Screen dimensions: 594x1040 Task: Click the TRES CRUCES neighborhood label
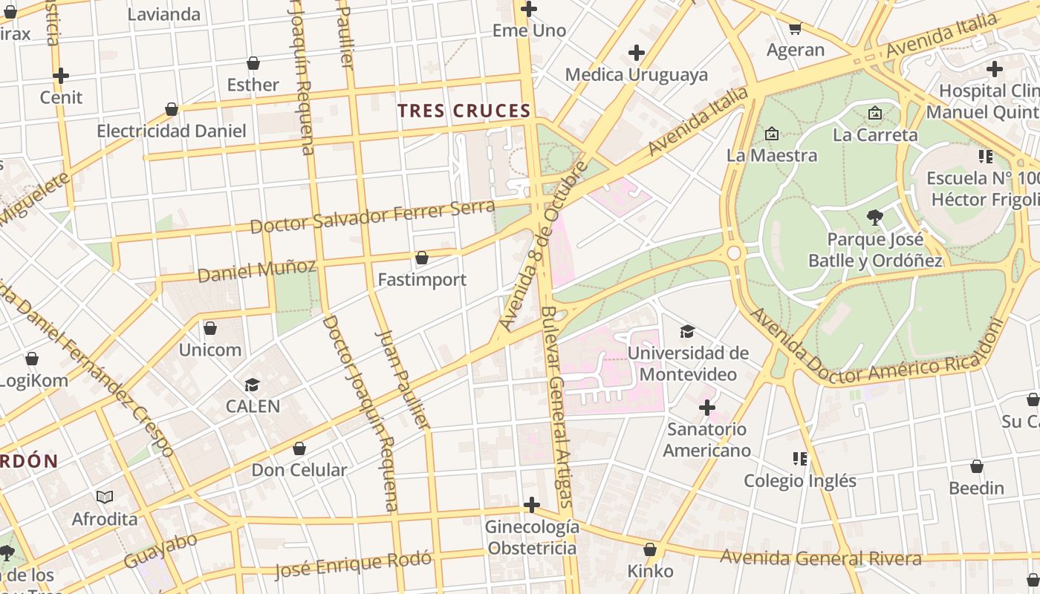[464, 111]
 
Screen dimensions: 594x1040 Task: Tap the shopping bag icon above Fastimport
[422, 258]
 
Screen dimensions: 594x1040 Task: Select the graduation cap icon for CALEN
[253, 385]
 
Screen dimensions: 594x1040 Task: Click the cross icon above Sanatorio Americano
[707, 408]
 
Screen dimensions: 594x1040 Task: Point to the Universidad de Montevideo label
[688, 363]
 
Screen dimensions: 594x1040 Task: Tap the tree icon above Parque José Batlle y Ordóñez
[875, 218]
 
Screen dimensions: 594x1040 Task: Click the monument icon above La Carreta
[875, 113]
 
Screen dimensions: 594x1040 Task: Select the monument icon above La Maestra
[772, 134]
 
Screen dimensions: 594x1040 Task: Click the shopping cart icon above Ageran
[795, 28]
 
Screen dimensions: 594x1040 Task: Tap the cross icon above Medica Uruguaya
[637, 53]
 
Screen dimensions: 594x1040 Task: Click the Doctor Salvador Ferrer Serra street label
[372, 216]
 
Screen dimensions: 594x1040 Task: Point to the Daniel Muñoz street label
[257, 270]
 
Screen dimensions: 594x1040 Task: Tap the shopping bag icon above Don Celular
[299, 448]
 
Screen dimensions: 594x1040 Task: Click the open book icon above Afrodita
[105, 497]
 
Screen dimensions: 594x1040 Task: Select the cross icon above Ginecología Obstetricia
[531, 505]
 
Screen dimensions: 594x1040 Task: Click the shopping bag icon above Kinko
[650, 549]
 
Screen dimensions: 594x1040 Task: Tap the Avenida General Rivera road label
[821, 558]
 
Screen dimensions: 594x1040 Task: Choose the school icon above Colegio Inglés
[799, 458]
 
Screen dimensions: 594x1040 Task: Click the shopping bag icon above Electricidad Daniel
[172, 109]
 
